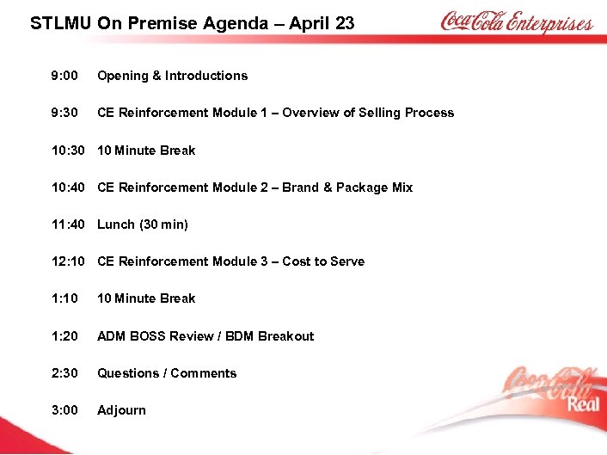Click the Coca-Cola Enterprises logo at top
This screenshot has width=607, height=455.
[516, 22]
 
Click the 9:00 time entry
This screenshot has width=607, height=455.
[64, 76]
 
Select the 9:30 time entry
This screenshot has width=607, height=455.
[64, 113]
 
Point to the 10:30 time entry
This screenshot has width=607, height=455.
[68, 151]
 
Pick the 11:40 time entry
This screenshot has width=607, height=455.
[68, 224]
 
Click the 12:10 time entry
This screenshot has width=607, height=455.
[68, 261]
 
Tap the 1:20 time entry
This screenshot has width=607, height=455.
[64, 336]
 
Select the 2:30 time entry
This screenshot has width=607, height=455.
[64, 373]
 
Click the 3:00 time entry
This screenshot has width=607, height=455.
[64, 410]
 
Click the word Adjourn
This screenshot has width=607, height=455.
[121, 410]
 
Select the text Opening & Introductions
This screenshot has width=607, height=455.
[172, 76]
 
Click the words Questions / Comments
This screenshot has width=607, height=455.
[167, 373]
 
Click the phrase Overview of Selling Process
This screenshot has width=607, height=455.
[368, 113]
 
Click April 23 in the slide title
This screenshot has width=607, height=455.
[322, 23]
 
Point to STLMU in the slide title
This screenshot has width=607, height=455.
[61, 23]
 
